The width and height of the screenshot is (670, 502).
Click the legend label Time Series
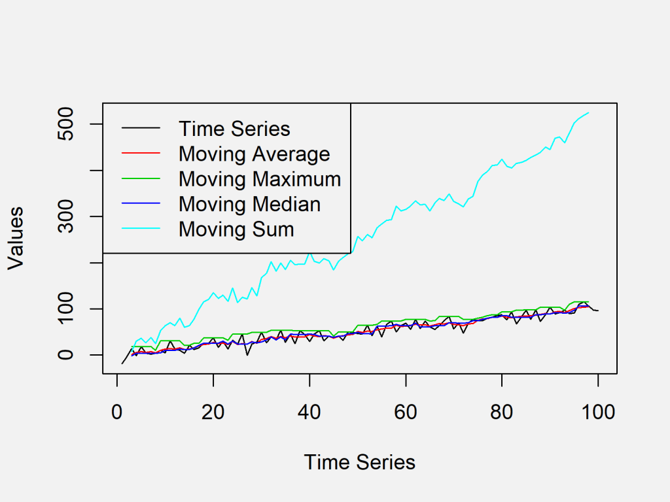[x=234, y=129]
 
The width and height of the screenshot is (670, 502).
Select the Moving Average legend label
[x=254, y=154]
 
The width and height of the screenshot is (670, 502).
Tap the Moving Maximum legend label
[x=260, y=179]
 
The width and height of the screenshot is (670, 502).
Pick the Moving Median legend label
[x=249, y=204]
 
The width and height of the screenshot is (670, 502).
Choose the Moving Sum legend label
[x=236, y=229]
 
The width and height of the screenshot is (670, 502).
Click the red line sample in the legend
[x=141, y=154]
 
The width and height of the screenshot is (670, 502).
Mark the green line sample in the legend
[x=141, y=179]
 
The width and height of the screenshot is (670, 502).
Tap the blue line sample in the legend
[x=141, y=204]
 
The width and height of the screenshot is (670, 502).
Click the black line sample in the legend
[x=141, y=129]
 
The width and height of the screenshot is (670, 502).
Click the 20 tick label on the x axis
[x=213, y=412]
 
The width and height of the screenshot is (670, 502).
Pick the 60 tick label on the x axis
[x=406, y=412]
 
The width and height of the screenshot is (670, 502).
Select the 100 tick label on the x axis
[x=598, y=412]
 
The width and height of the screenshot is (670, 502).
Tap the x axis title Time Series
[x=359, y=463]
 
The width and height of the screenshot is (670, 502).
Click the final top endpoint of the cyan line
[x=588, y=112]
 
